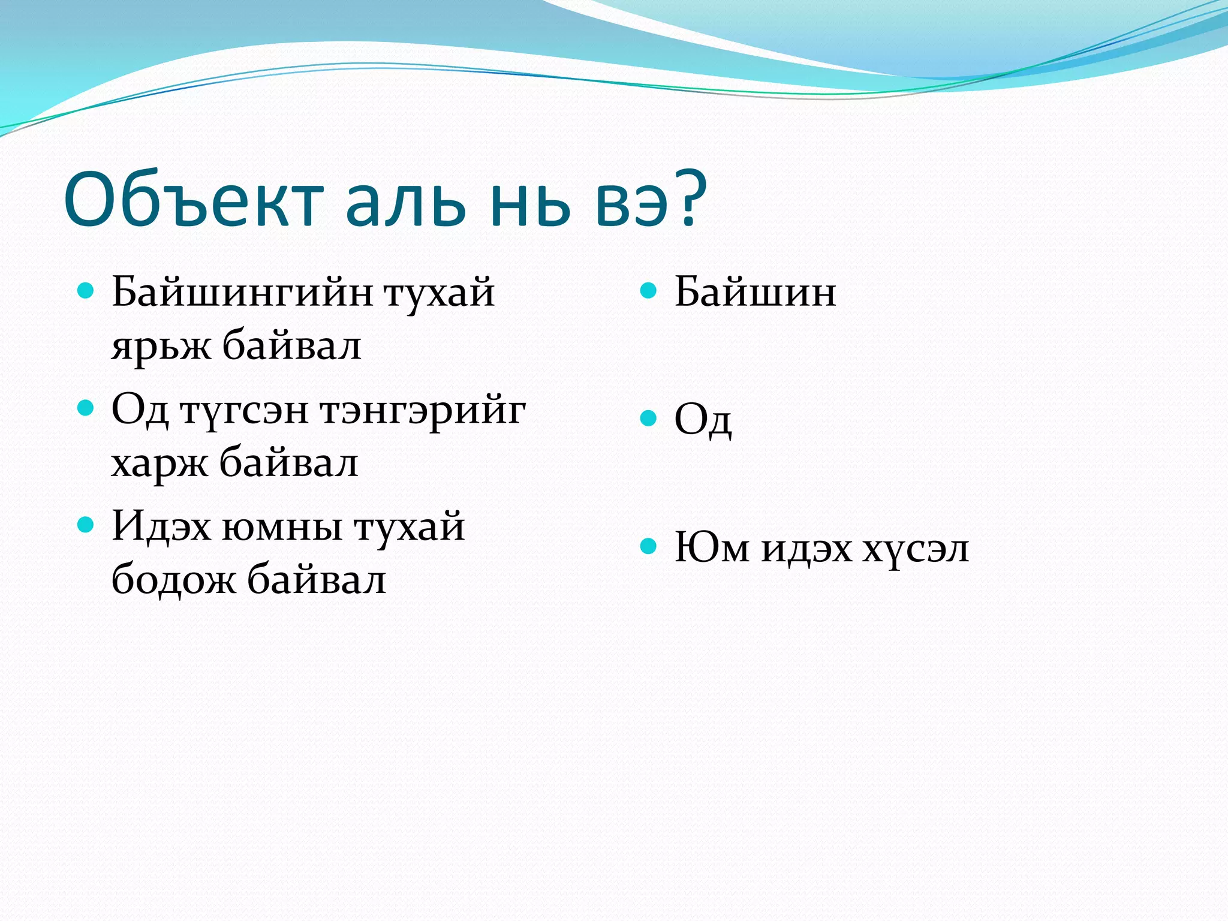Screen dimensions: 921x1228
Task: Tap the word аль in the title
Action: click(405, 201)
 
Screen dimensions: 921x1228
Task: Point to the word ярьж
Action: click(161, 347)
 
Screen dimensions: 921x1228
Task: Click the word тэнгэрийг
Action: click(423, 412)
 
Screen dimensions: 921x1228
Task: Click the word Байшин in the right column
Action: click(755, 292)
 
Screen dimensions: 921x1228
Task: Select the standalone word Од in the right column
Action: click(703, 420)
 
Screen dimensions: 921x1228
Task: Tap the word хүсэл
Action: click(916, 549)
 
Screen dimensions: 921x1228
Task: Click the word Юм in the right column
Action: click(712, 547)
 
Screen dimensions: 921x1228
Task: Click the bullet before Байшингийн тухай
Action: click(86, 291)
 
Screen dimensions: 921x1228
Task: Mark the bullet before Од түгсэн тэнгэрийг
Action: click(86, 408)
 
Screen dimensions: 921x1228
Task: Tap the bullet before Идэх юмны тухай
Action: click(86, 525)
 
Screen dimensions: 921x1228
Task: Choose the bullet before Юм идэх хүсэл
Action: click(648, 546)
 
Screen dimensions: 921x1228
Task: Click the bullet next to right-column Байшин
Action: click(648, 291)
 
